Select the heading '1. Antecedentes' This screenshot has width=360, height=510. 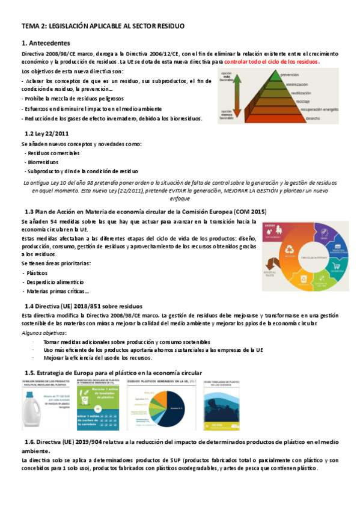point(46,43)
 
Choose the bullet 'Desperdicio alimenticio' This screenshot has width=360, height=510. point(53,281)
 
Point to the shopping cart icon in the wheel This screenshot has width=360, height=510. point(337,266)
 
